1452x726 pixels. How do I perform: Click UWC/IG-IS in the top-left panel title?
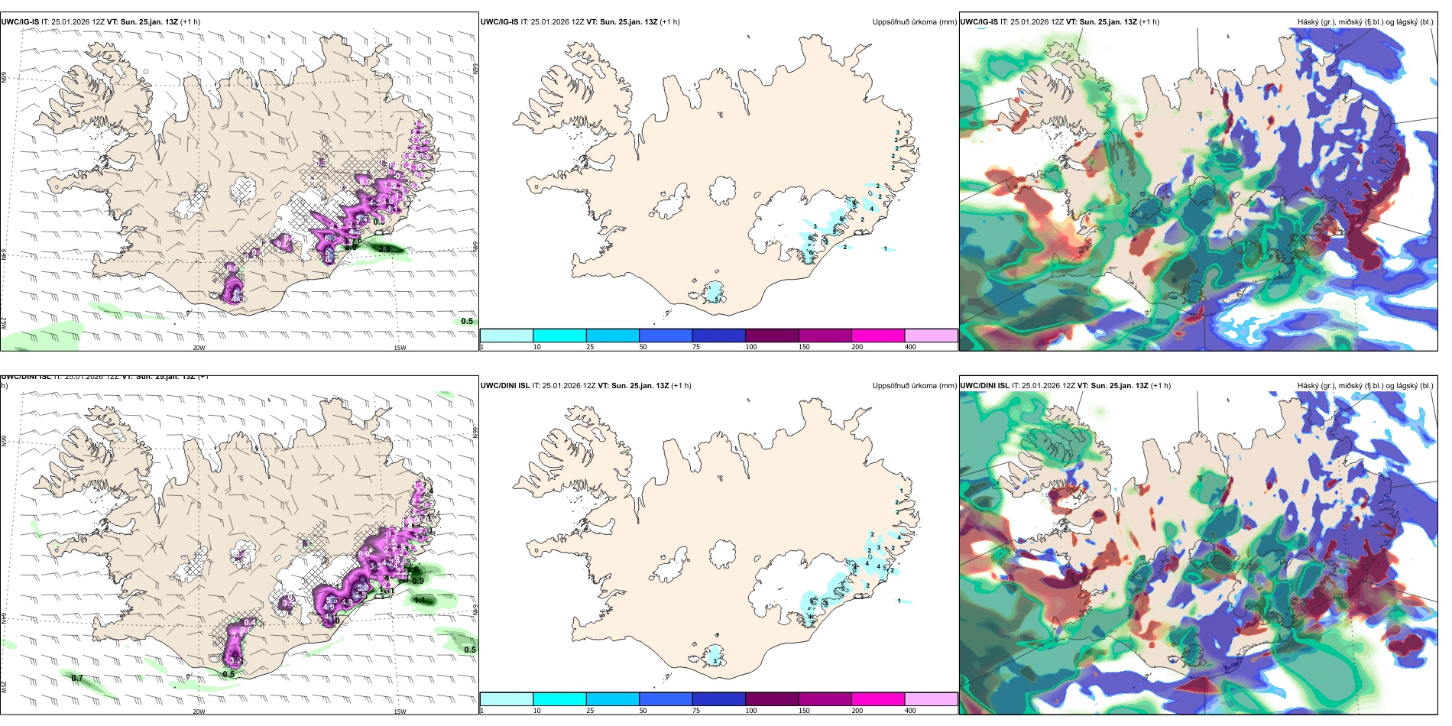pyautogui.click(x=20, y=22)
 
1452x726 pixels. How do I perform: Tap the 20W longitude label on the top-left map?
pyautogui.click(x=199, y=348)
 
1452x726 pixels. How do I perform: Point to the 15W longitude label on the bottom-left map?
pyautogui.click(x=400, y=711)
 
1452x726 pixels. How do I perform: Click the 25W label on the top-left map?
pyautogui.click(x=4, y=323)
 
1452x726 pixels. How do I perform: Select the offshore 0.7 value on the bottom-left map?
pyautogui.click(x=77, y=678)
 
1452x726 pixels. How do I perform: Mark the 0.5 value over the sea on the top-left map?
pyautogui.click(x=467, y=321)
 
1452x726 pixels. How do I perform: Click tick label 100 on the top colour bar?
pyautogui.click(x=751, y=347)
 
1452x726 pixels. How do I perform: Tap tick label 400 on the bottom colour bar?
pyautogui.click(x=910, y=711)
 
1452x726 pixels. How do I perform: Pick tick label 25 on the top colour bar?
pyautogui.click(x=590, y=347)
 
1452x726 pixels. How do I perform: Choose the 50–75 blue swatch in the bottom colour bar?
pyautogui.click(x=665, y=699)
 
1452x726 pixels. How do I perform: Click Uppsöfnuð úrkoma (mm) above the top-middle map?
pyautogui.click(x=914, y=22)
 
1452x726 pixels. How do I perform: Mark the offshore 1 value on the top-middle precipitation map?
pyautogui.click(x=885, y=248)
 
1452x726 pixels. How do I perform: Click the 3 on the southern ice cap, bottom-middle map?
pyautogui.click(x=715, y=660)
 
